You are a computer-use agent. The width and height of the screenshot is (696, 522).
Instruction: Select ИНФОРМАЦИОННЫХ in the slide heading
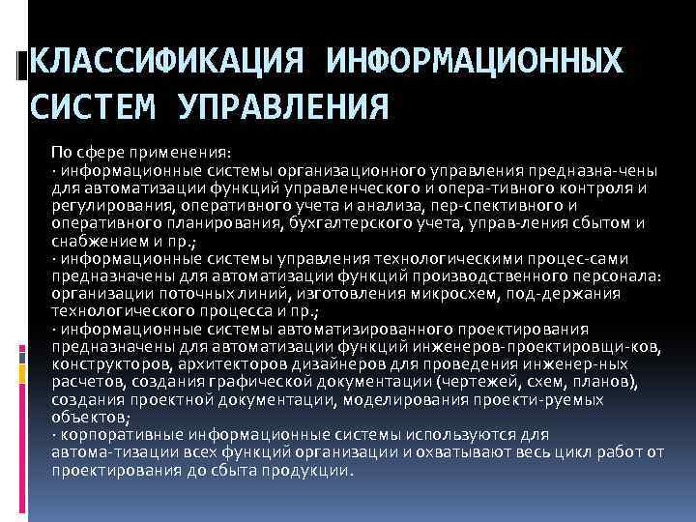pyautogui.click(x=474, y=63)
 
